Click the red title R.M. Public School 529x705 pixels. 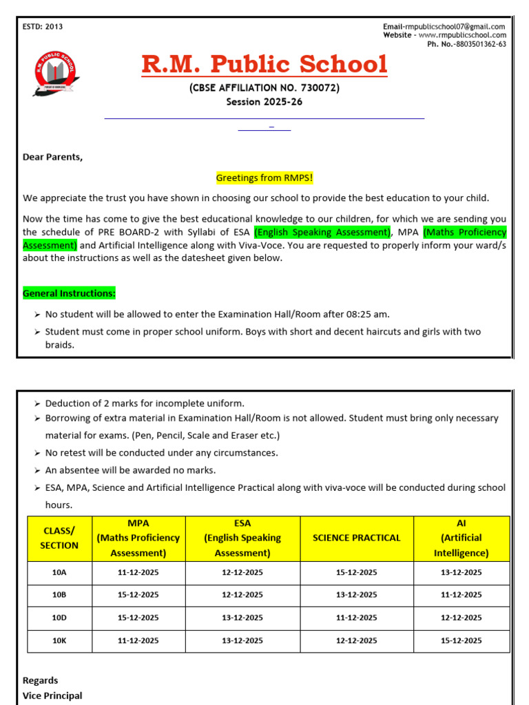pos(264,65)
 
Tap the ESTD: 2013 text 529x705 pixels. pos(43,27)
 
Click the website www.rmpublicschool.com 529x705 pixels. pos(462,35)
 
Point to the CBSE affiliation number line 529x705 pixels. pos(264,88)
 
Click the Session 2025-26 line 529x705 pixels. pos(264,102)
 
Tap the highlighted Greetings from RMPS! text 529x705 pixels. pos(264,178)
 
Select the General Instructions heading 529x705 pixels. pos(69,293)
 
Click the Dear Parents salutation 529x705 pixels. pos(52,157)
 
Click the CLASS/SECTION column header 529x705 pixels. pos(59,538)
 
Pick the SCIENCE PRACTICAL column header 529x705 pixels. pos(356,538)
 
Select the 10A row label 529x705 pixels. pos(59,572)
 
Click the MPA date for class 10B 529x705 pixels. pos(138,595)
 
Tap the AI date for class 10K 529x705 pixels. pos(461,640)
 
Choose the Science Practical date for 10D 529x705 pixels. pos(356,618)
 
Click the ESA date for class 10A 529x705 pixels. pos(242,572)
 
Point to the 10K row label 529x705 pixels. pos(59,640)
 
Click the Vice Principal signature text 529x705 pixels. pos(52,695)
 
